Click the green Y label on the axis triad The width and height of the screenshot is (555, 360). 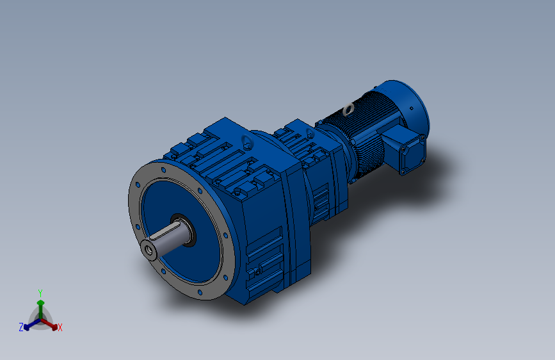click(40, 291)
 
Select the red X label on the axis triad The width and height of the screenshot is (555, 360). click(60, 328)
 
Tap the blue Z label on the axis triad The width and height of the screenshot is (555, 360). click(21, 327)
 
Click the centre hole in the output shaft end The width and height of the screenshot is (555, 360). click(150, 250)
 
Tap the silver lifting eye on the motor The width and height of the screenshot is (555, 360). click(348, 110)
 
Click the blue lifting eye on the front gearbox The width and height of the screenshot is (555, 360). click(245, 142)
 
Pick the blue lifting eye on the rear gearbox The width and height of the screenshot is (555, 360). click(310, 134)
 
